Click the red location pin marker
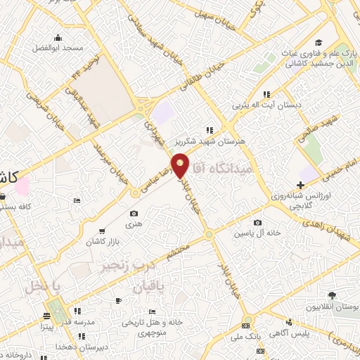pos(180,165)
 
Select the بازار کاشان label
pos(101,241)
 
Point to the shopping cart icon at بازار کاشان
pos(103,231)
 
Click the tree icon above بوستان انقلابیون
pos(332,297)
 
